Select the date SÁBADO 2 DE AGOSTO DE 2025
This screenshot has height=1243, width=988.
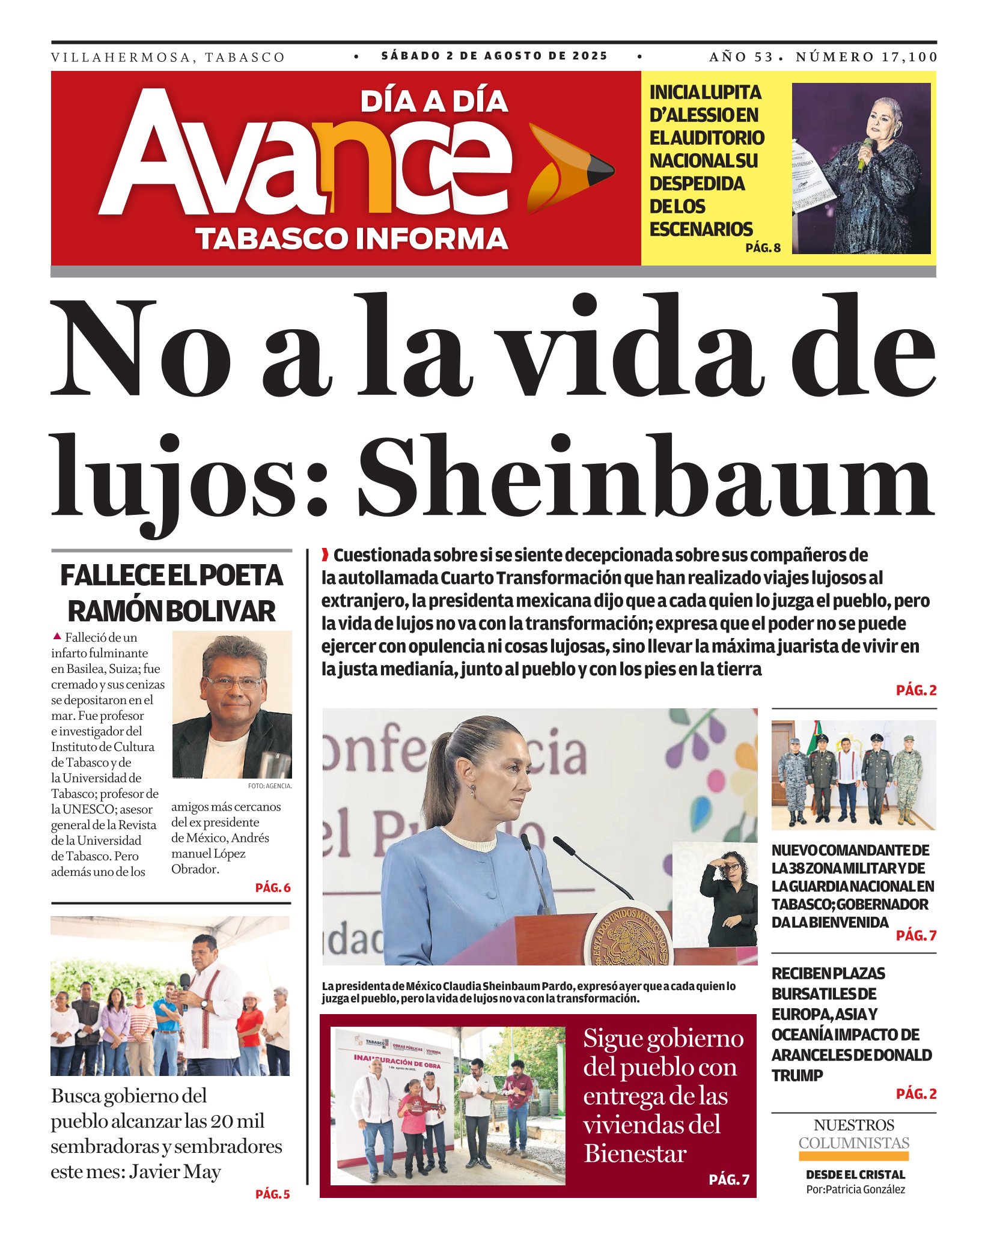(494, 56)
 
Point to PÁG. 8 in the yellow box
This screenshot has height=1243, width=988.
(763, 248)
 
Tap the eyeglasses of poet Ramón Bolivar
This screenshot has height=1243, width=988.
(233, 683)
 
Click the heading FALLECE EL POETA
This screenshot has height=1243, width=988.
(171, 576)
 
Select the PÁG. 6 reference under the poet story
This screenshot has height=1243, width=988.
(273, 887)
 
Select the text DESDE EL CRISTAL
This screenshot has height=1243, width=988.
(855, 1175)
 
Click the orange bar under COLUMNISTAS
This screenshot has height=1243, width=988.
(853, 1156)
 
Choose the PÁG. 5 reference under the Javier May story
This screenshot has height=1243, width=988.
(272, 1194)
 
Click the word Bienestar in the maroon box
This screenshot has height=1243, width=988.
(635, 1154)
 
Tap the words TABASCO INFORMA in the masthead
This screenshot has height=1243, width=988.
(352, 238)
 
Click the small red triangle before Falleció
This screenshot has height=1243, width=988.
(57, 636)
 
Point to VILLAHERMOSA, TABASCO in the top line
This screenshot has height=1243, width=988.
(168, 58)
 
